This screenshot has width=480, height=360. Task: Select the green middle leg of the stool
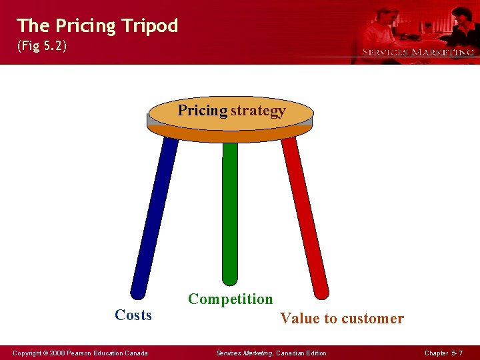click(230, 213)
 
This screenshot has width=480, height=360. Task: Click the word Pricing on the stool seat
click(202, 111)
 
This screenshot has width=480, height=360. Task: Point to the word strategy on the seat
click(258, 111)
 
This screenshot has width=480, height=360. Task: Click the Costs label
click(133, 315)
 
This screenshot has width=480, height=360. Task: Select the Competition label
click(230, 299)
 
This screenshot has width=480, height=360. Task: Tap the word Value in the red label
click(300, 319)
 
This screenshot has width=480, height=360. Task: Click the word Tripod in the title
click(150, 26)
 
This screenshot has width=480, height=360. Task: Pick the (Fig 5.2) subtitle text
click(41, 48)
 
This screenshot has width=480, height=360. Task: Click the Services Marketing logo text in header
click(418, 52)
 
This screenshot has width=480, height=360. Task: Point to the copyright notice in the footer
click(80, 353)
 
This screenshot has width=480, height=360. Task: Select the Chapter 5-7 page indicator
click(443, 353)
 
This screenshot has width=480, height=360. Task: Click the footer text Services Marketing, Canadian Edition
click(271, 353)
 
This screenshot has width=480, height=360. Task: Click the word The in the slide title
click(33, 26)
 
